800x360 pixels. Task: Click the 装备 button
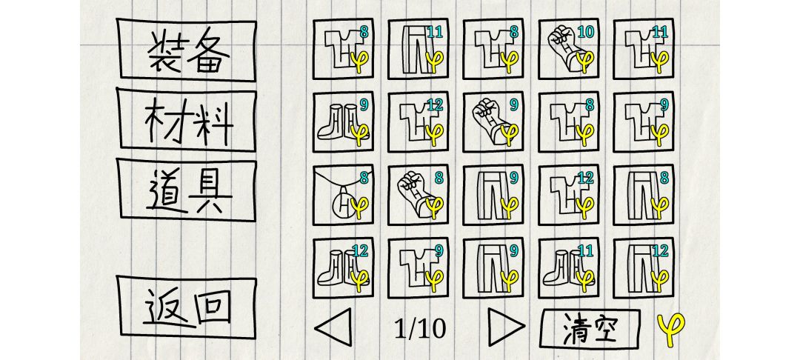pyautogui.click(x=186, y=50)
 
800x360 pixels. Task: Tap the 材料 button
pyautogui.click(x=186, y=120)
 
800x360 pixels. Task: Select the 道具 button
pyautogui.click(x=186, y=190)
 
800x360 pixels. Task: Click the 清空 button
pyautogui.click(x=590, y=327)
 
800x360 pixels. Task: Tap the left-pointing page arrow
pyautogui.click(x=334, y=327)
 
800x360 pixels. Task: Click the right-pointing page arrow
pyautogui.click(x=506, y=327)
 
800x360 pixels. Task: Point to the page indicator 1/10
pyautogui.click(x=421, y=329)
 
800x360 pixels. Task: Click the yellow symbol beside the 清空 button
pyautogui.click(x=670, y=329)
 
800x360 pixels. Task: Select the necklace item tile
pyautogui.click(x=343, y=195)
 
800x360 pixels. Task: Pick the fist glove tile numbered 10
pyautogui.click(x=568, y=49)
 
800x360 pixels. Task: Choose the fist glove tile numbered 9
pyautogui.click(x=493, y=122)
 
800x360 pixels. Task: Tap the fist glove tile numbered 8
pyautogui.click(x=419, y=195)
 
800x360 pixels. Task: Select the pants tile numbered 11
pyautogui.click(x=419, y=49)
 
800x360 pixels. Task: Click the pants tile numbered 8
pyautogui.click(x=644, y=195)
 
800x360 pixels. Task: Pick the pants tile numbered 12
pyautogui.click(x=644, y=267)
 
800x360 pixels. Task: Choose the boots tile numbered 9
pyautogui.click(x=343, y=122)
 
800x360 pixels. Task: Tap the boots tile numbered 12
pyautogui.click(x=343, y=267)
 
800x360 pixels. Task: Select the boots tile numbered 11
pyautogui.click(x=568, y=267)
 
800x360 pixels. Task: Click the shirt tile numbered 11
pyautogui.click(x=644, y=49)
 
